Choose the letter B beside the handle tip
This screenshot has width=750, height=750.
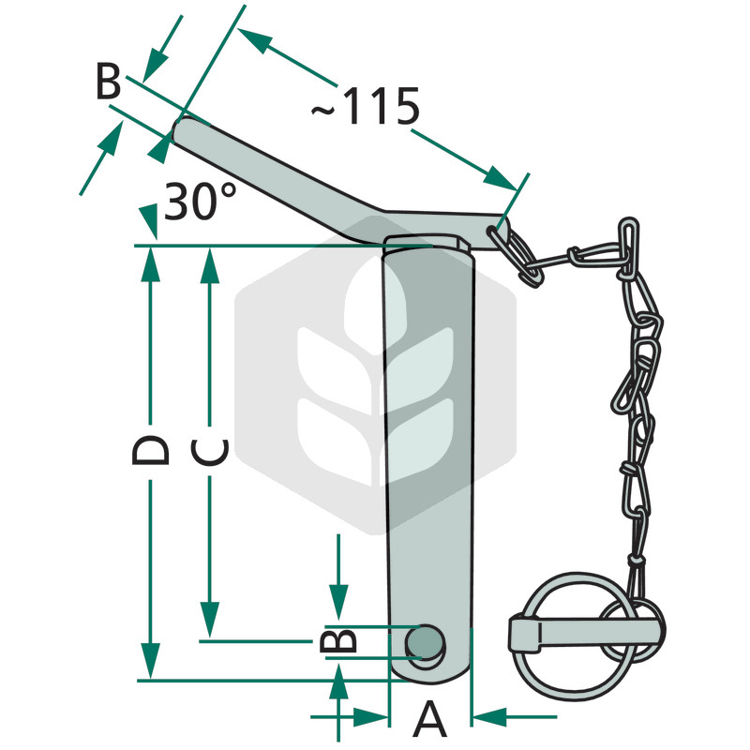click(x=109, y=83)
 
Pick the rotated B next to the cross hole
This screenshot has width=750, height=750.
click(x=338, y=640)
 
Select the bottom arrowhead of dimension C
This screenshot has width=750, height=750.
click(x=208, y=624)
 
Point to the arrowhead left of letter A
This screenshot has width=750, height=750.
click(x=371, y=718)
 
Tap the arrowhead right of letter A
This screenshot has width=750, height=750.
click(x=488, y=718)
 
